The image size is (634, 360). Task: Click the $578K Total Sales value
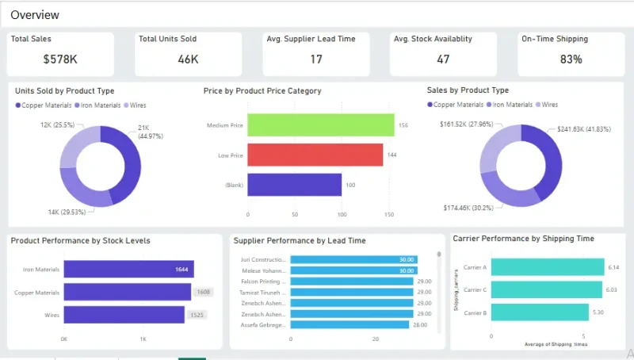(x=59, y=59)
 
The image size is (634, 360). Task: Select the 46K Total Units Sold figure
(x=189, y=59)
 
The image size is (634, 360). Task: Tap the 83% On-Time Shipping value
(x=571, y=59)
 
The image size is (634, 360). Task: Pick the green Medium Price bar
(x=321, y=125)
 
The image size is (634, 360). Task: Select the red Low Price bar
(x=315, y=155)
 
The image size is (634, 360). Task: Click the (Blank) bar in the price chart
(x=295, y=185)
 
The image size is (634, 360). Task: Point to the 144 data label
(x=391, y=155)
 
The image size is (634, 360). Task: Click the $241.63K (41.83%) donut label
(x=589, y=129)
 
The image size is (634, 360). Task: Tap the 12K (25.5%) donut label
(x=58, y=125)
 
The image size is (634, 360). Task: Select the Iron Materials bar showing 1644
(x=128, y=270)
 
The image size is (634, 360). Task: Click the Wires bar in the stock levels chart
(x=124, y=315)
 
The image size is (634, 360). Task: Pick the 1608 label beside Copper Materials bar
(x=203, y=293)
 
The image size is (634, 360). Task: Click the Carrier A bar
(x=548, y=267)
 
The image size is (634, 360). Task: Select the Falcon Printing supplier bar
(x=352, y=281)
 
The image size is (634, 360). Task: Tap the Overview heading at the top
(x=35, y=14)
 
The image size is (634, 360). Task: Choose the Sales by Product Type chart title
(x=468, y=90)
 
